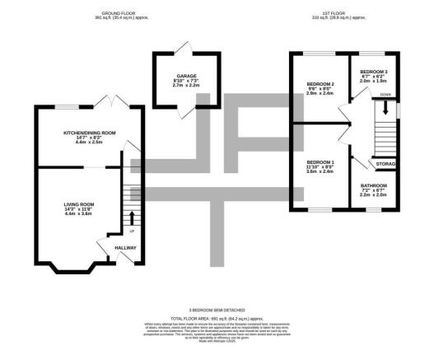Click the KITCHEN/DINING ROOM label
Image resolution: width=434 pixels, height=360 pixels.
(78, 132)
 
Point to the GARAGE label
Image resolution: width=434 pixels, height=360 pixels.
(185, 76)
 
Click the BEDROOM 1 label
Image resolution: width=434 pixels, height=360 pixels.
(320, 161)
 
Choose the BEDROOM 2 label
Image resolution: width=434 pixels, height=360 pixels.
(320, 84)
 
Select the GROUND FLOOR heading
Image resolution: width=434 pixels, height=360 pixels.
(118, 14)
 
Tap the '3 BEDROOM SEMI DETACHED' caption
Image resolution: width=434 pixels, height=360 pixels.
(217, 309)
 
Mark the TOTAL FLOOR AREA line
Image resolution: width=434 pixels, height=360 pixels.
(217, 317)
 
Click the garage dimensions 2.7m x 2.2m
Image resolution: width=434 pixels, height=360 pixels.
(185, 86)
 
